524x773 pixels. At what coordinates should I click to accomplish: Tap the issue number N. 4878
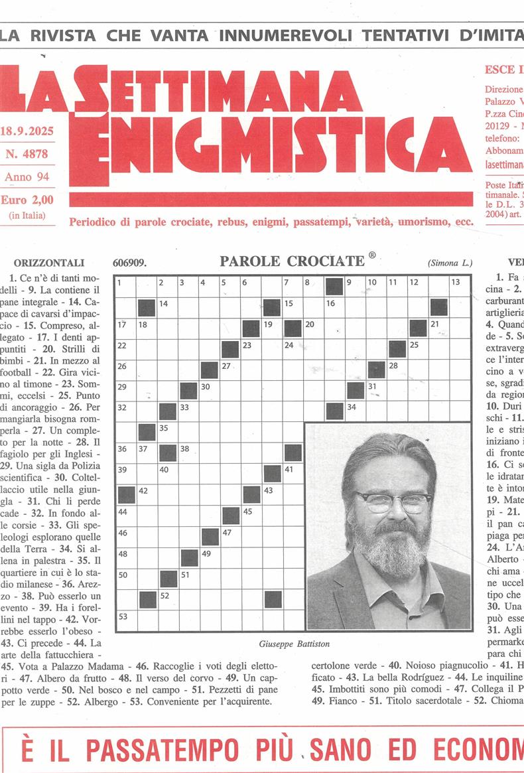click(x=27, y=154)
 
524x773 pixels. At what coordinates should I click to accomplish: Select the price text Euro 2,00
click(x=27, y=200)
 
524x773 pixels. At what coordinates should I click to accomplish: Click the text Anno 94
click(x=27, y=176)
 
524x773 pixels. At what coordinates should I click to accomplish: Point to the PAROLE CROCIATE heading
click(x=293, y=261)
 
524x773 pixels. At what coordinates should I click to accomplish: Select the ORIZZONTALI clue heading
click(x=49, y=263)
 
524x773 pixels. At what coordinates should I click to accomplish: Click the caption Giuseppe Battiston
click(x=295, y=644)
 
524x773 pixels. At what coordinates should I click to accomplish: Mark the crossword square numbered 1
click(x=125, y=287)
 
